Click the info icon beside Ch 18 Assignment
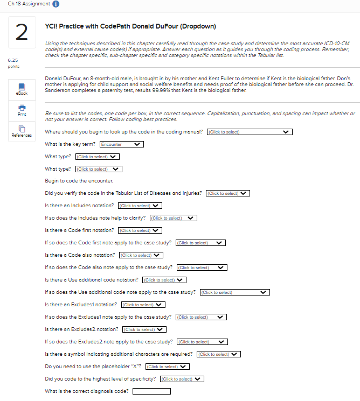point(57,4)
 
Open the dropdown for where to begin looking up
point(250,132)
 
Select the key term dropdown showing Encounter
point(121,144)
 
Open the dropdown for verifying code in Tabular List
point(229,193)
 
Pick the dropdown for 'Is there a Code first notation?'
point(140,230)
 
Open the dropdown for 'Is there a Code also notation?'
point(141,255)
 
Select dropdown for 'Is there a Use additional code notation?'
point(164,280)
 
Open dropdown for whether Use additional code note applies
point(234,292)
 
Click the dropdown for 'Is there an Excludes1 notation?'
point(142,305)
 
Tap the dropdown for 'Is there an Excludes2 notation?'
point(144,329)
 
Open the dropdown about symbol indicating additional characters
point(218,354)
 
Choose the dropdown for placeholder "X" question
point(168,367)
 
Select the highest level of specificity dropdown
point(182,379)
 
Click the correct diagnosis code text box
point(151,391)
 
